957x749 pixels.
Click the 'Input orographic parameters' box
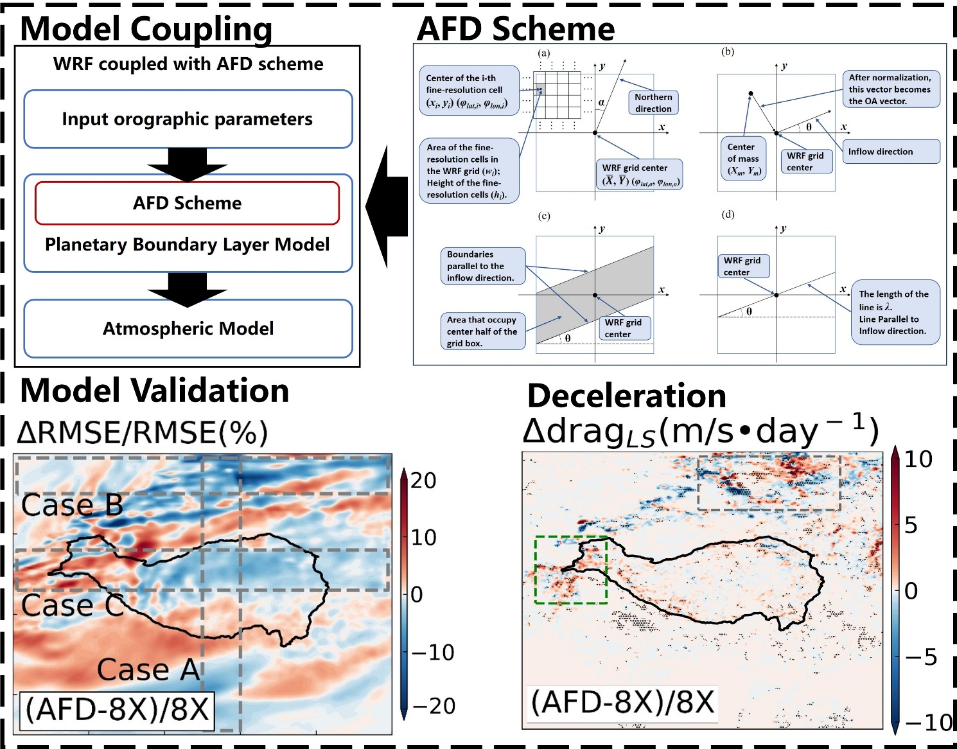188,119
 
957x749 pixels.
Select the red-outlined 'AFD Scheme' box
187,203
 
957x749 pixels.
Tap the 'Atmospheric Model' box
188,328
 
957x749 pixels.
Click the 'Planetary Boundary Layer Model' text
187,245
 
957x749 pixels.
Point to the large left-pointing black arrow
387,207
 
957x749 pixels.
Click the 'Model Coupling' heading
146,28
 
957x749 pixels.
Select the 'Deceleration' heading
626,396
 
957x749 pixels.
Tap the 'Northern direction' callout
653,103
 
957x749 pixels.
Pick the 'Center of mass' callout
743,159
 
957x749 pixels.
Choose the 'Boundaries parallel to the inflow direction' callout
482,266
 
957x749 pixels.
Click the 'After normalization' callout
890,89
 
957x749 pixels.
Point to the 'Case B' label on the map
72,506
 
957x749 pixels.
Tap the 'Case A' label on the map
149,670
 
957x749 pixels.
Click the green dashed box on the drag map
571,570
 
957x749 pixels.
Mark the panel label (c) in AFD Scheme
544,216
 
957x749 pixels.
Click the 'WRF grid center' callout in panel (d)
742,266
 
